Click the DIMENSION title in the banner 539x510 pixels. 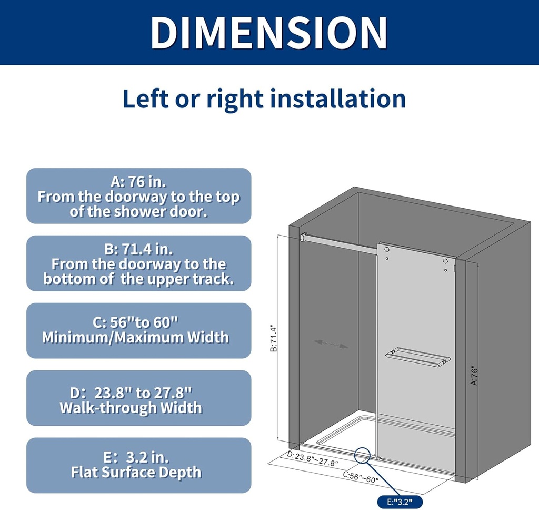tap(269, 33)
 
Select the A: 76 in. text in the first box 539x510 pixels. tap(138, 182)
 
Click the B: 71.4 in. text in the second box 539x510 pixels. tap(138, 249)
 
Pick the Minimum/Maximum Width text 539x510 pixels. tap(136, 337)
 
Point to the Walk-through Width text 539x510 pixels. tap(131, 408)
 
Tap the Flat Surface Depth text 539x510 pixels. tap(136, 472)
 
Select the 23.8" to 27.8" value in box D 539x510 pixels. tap(143, 393)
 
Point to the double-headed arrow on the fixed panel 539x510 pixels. tap(331, 344)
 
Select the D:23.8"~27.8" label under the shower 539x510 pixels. tap(313, 458)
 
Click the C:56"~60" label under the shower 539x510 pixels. tap(361, 477)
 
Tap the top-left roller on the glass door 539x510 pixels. tap(387, 249)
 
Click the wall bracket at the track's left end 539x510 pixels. tap(303, 238)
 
